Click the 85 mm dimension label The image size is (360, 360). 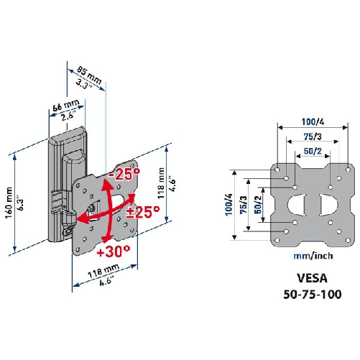coord(90,73)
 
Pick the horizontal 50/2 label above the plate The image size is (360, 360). coord(312,152)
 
